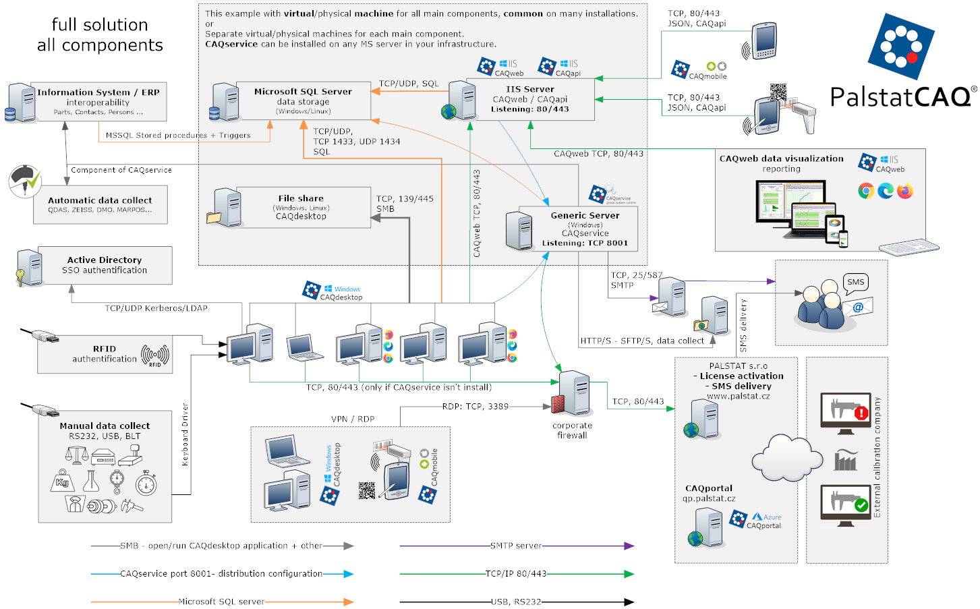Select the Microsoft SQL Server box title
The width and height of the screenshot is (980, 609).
[303, 92]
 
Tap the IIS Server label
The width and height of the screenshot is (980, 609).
[530, 89]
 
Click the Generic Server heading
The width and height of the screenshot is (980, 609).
[585, 216]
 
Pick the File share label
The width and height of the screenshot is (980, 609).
[301, 198]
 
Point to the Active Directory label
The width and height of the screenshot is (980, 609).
[105, 260]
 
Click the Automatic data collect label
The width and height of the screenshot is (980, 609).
[100, 200]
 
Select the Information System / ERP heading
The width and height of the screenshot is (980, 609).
[98, 92]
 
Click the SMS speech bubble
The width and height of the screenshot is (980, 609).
[855, 283]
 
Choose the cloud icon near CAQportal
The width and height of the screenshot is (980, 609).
[786, 457]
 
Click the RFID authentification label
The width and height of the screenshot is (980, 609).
[105, 354]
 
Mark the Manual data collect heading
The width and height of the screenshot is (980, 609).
[105, 426]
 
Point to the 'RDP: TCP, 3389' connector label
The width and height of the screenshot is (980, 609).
[475, 406]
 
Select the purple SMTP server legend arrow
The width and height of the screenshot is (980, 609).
[516, 546]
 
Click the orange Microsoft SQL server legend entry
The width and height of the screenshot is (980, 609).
[221, 602]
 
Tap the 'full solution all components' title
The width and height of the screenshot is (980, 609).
[100, 35]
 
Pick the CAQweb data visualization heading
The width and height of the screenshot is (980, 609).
[781, 158]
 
